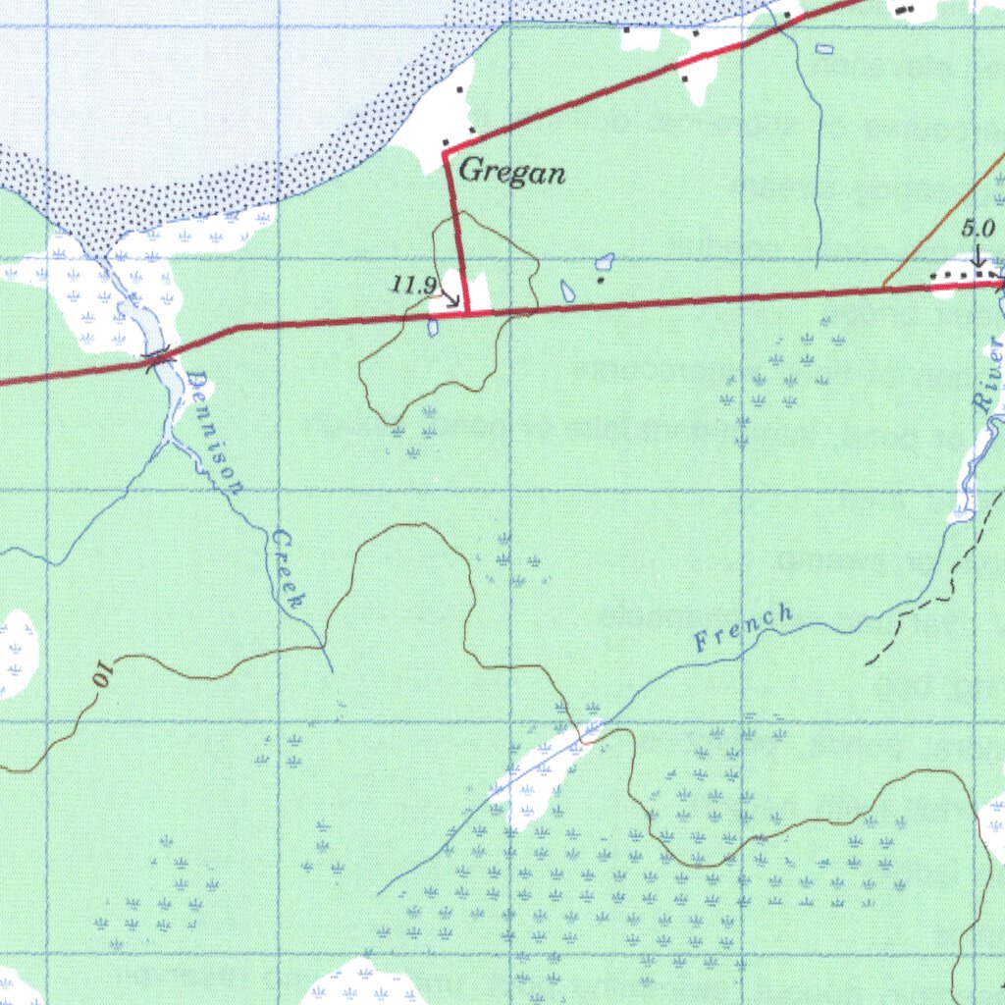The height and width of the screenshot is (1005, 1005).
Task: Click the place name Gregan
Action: (x=512, y=173)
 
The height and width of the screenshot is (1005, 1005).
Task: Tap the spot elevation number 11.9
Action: (x=413, y=286)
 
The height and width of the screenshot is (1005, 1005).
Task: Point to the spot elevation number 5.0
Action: (x=979, y=230)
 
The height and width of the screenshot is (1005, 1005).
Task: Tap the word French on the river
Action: (x=743, y=628)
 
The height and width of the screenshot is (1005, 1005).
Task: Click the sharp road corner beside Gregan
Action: (x=445, y=154)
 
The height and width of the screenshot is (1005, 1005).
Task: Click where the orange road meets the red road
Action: (x=882, y=288)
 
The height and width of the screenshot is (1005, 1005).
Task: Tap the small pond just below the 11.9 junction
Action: (x=434, y=328)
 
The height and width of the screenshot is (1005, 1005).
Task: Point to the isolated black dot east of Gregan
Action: (x=601, y=280)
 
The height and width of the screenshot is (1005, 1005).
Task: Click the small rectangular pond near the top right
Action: (x=824, y=48)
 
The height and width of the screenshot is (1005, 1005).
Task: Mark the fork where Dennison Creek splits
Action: (x=172, y=440)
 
